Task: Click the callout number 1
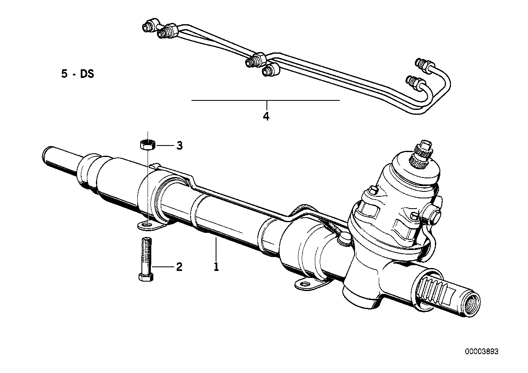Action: tap(216, 267)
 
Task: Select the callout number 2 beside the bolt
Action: tap(180, 267)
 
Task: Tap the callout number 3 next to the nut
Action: tap(180, 146)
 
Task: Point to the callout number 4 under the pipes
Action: tap(266, 116)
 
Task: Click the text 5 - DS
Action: tap(77, 74)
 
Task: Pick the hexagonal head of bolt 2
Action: tap(146, 277)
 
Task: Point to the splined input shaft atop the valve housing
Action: tap(421, 157)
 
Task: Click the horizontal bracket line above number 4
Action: tap(265, 100)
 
